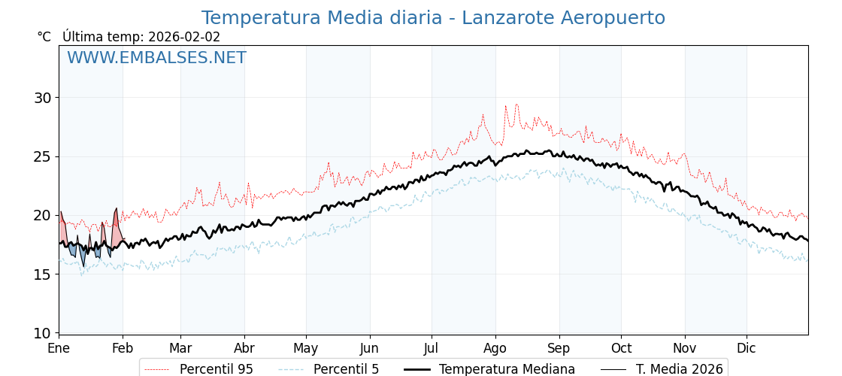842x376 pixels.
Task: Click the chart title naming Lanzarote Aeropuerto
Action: pos(433,18)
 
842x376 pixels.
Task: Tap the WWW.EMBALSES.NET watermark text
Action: pos(156,58)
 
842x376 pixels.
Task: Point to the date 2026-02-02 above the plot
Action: pos(184,37)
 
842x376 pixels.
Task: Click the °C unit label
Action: pos(44,37)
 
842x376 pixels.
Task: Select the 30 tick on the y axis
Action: pos(42,98)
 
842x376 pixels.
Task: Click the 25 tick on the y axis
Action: pos(42,156)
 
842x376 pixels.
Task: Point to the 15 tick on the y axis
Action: pos(42,274)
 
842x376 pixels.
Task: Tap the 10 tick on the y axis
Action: pos(42,333)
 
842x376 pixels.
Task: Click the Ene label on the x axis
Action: pos(59,348)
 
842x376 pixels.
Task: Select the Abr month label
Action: pos(244,348)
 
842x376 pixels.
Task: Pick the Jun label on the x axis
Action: pos(369,348)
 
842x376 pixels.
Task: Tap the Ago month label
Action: pos(495,348)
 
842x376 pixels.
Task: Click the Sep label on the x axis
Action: pos(559,348)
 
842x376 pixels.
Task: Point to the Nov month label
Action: pos(685,348)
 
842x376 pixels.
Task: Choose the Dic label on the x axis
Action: pos(747,348)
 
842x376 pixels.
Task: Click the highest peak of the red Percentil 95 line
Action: pos(516,105)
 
